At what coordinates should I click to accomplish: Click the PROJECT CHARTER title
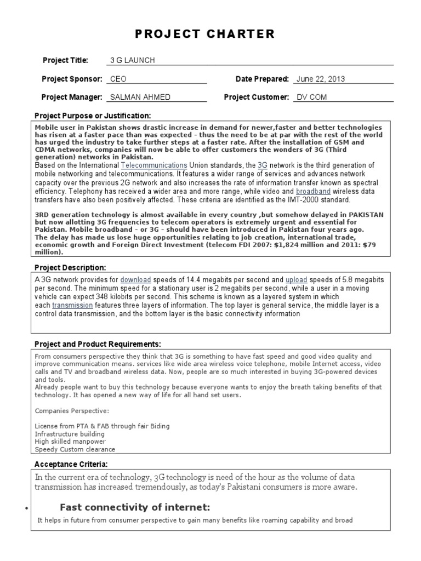(205, 35)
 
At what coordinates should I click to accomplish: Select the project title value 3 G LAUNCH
(133, 60)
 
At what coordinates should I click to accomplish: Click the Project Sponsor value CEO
(118, 79)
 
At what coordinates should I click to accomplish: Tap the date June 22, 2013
(321, 79)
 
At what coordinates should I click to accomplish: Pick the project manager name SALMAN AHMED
(140, 98)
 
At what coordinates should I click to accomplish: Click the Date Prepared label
(262, 79)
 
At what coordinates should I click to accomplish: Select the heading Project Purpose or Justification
(92, 116)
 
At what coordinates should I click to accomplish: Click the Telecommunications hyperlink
(154, 165)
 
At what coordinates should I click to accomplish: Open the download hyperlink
(135, 279)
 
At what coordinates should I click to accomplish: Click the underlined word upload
(296, 279)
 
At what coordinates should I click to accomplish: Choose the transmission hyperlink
(72, 305)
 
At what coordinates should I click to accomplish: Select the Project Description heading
(70, 267)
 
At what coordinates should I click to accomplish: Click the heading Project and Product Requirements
(98, 344)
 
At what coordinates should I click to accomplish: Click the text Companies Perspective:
(64, 410)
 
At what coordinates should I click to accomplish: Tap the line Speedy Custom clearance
(75, 449)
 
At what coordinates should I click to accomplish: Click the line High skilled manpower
(70, 441)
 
